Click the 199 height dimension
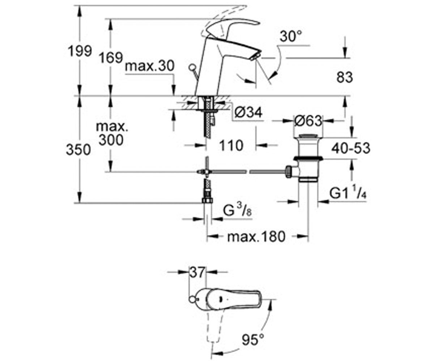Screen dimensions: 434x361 (80, 51)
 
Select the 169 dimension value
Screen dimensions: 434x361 (111, 58)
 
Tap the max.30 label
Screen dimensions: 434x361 (150, 66)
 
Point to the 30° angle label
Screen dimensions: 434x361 (290, 36)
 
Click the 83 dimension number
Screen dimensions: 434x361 (345, 77)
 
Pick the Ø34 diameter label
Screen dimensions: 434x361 (248, 113)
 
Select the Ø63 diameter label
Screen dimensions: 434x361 (308, 121)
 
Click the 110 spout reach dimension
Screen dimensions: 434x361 (231, 145)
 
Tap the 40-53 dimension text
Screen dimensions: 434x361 (351, 148)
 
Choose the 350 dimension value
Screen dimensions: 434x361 (78, 150)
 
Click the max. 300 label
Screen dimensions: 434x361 (112, 134)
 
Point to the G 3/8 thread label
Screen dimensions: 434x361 (237, 210)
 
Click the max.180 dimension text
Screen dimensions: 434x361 (256, 237)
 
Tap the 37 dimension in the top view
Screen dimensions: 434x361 (197, 273)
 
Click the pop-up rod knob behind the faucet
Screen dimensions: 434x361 (192, 68)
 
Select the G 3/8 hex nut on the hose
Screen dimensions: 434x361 (207, 200)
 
